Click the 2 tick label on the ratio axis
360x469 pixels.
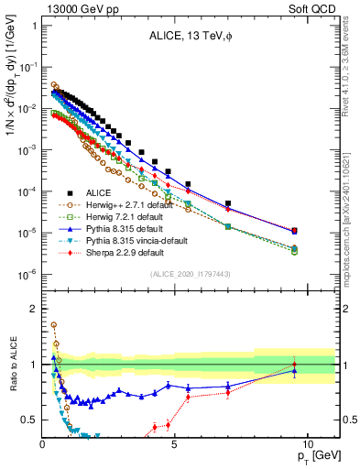pos(32,309)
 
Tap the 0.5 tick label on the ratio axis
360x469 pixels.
pos(29,420)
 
